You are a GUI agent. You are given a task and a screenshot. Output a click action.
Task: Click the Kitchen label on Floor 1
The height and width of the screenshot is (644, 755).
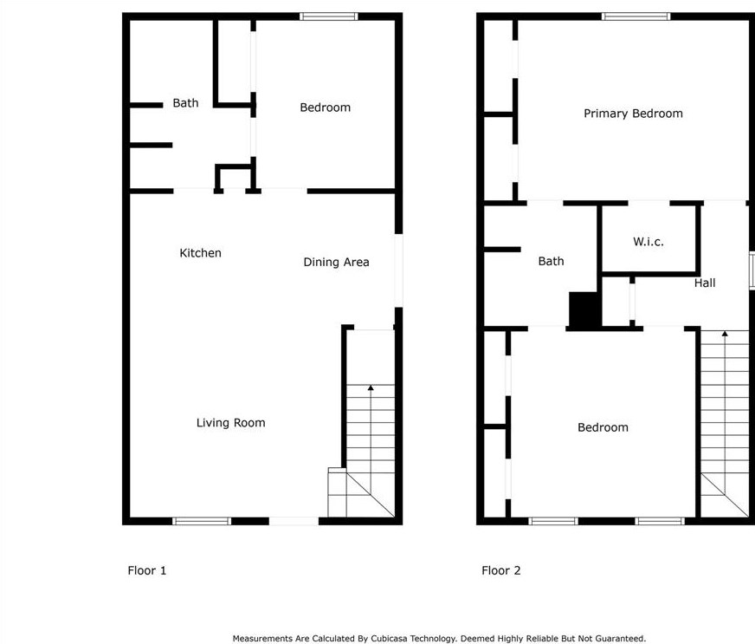(x=200, y=253)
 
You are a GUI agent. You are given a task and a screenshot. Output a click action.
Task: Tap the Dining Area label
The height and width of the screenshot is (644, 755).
(x=336, y=263)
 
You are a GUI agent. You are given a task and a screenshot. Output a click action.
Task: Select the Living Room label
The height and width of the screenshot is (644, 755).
(x=230, y=423)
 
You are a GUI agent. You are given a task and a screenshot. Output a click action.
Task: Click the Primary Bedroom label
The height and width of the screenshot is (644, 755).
(x=633, y=114)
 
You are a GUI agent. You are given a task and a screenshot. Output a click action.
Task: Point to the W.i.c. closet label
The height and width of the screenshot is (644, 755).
(x=649, y=242)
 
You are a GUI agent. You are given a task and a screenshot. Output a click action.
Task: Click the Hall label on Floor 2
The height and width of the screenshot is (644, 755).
(x=705, y=283)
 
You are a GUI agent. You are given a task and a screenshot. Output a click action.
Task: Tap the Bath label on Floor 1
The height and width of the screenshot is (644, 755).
(x=185, y=102)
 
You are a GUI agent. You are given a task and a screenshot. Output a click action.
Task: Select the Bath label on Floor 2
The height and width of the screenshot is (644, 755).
(x=551, y=261)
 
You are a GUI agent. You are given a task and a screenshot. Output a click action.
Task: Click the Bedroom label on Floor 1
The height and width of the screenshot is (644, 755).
(x=325, y=107)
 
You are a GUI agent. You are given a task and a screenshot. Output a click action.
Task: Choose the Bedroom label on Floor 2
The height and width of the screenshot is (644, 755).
(x=603, y=427)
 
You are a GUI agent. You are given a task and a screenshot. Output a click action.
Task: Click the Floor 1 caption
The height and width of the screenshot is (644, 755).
(x=147, y=570)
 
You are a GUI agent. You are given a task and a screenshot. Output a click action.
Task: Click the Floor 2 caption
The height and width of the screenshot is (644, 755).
(x=501, y=570)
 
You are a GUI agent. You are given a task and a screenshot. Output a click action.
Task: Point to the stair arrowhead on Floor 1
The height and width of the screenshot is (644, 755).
(x=371, y=387)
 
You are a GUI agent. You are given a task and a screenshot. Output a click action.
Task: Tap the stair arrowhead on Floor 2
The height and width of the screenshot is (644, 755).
(x=725, y=334)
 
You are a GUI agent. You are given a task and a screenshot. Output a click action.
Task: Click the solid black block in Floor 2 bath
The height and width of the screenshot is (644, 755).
(x=585, y=309)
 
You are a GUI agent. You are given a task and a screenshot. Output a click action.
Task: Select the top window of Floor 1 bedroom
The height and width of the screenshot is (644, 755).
(x=329, y=16)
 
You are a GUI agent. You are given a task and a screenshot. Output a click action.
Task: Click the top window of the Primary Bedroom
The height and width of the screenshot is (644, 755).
(x=636, y=16)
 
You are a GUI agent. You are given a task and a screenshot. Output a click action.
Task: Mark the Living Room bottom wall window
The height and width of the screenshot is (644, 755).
(x=202, y=521)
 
